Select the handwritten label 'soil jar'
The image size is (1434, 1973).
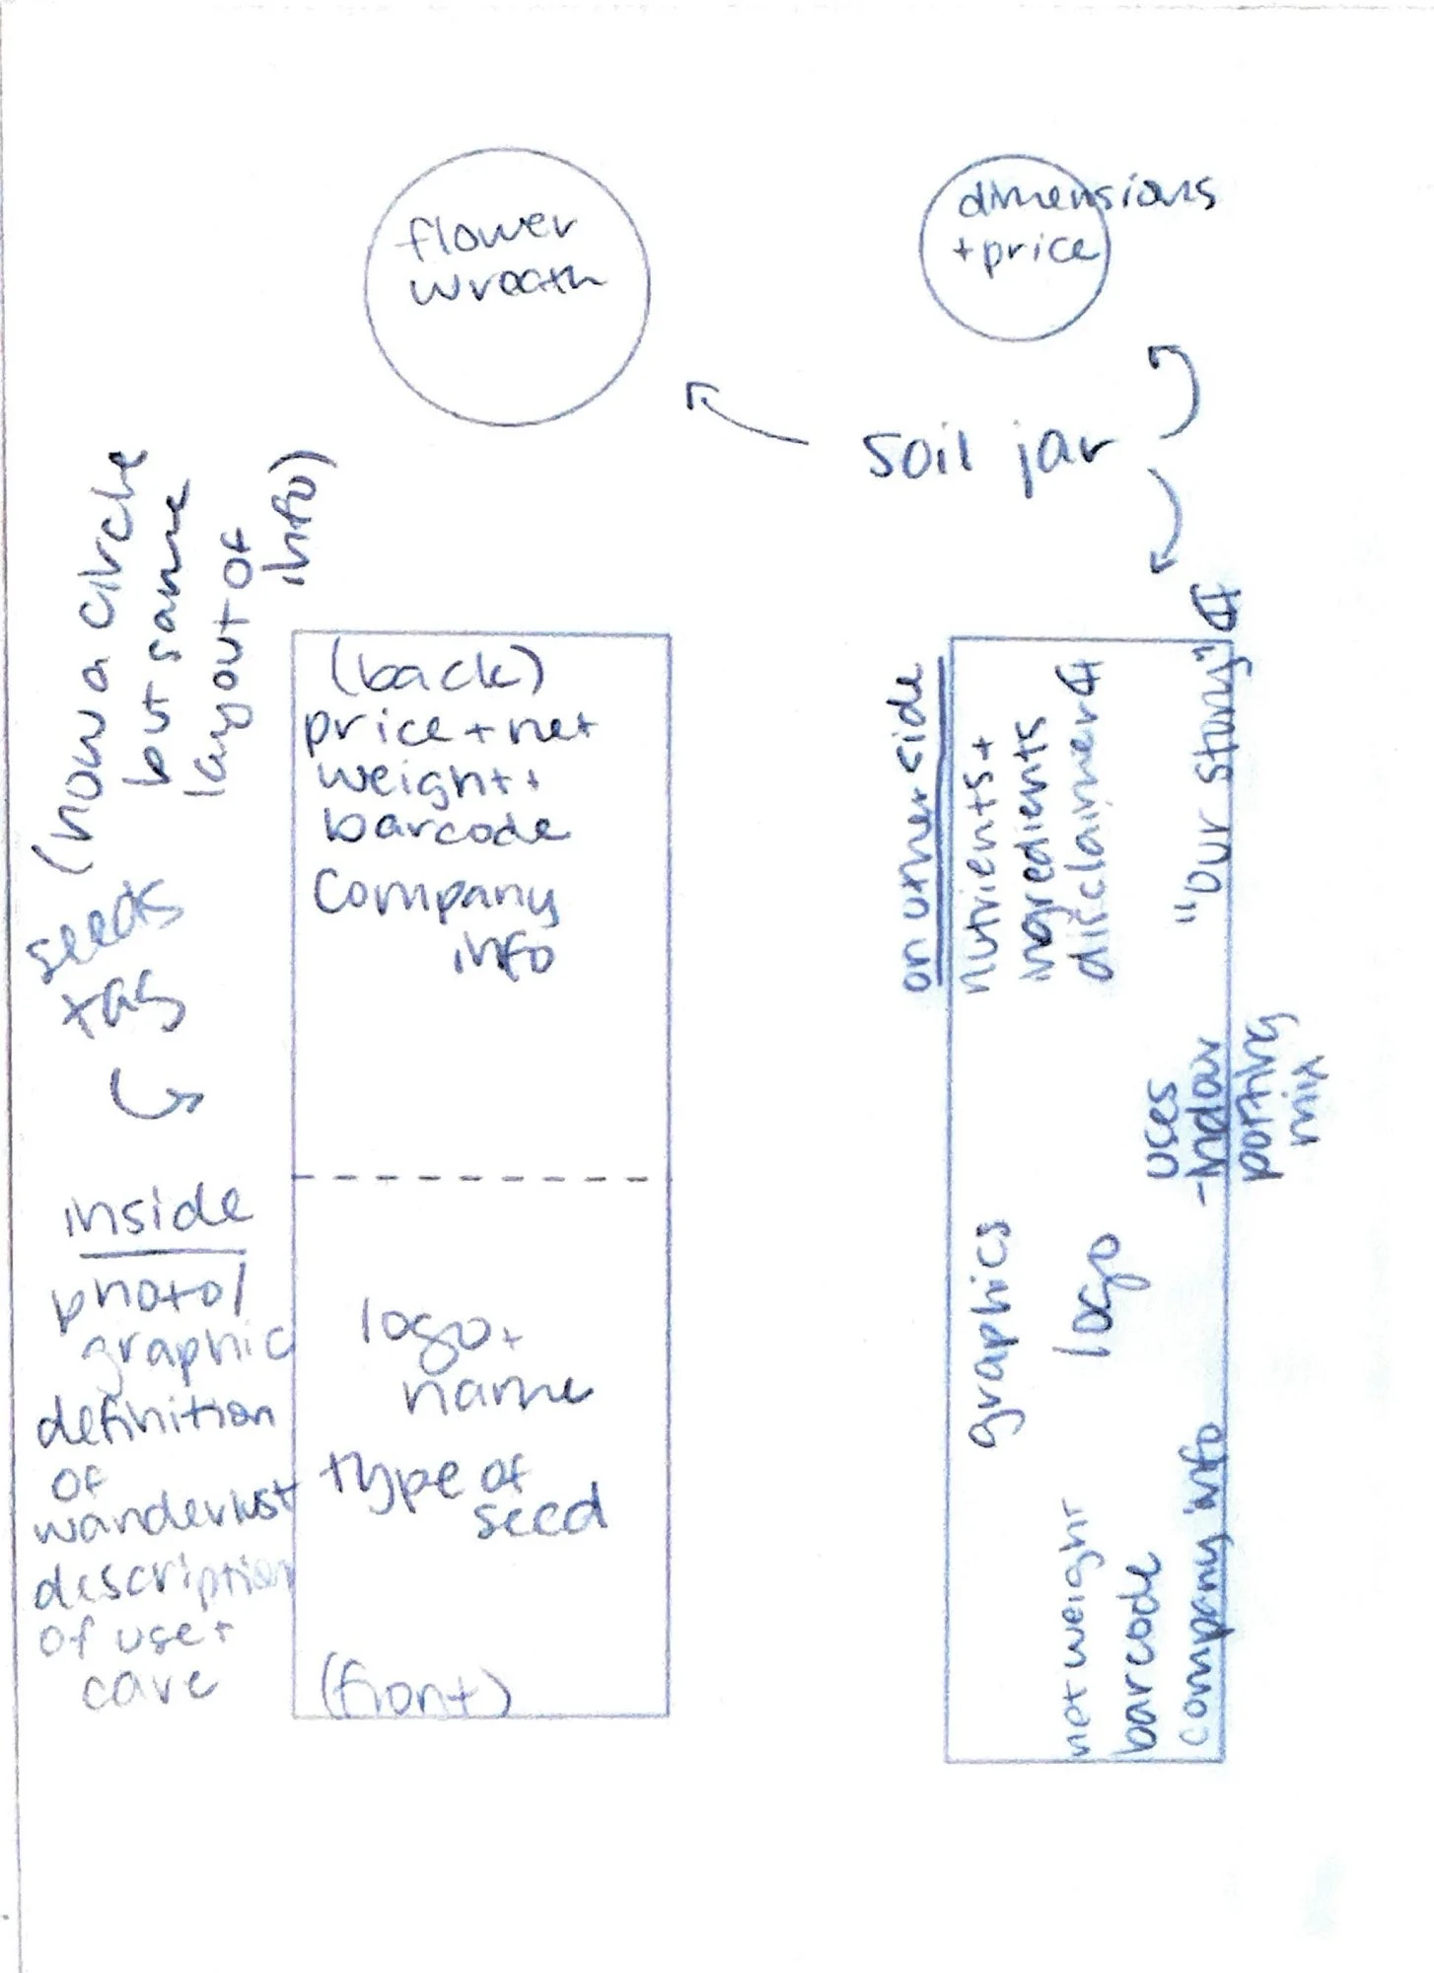(986, 456)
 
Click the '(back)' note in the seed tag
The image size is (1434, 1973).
(437, 672)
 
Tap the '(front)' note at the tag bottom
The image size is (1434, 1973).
(414, 1694)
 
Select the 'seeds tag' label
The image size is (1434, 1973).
(108, 967)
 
